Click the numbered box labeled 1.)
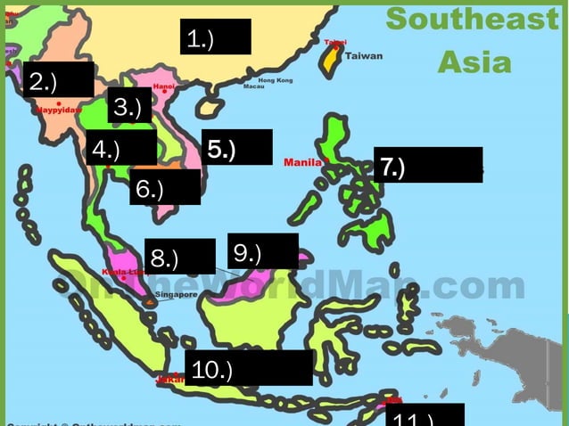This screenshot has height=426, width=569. click(x=215, y=37)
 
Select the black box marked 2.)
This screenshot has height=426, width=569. click(x=58, y=79)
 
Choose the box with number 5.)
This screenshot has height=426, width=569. click(x=236, y=147)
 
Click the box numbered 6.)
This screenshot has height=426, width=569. click(x=164, y=187)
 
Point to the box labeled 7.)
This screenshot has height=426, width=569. click(x=427, y=165)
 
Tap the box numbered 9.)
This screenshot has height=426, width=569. click(x=262, y=251)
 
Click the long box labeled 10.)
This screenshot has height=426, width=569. click(x=248, y=368)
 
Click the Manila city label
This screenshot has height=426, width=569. click(x=302, y=162)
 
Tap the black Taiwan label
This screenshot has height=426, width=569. click(x=364, y=56)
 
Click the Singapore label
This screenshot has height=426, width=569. click(x=175, y=294)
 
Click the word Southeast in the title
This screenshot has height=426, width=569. click(x=472, y=19)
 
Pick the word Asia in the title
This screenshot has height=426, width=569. click(x=474, y=62)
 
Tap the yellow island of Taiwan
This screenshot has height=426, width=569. click(x=332, y=59)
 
